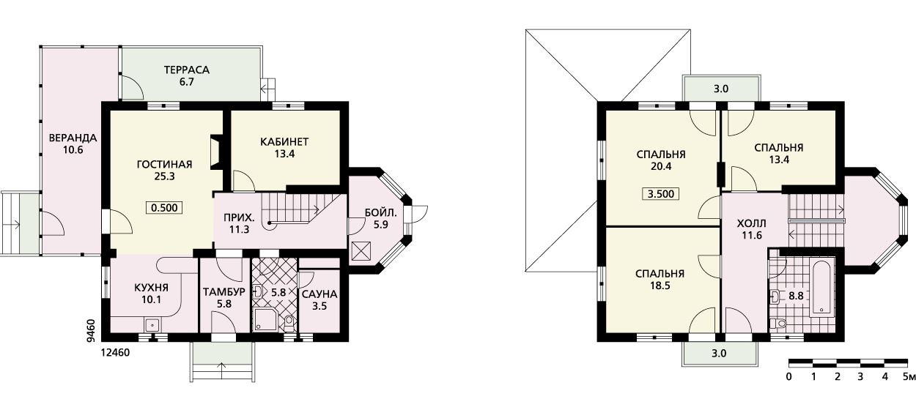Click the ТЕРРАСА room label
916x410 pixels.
click(187, 70)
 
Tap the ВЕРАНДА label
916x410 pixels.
click(73, 138)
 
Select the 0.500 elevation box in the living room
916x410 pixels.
click(164, 208)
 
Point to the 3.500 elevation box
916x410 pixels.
click(661, 193)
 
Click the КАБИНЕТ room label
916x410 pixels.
click(284, 142)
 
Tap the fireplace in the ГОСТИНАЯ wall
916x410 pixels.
click(216, 152)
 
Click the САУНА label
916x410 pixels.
click(320, 294)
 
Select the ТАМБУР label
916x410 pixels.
click(224, 292)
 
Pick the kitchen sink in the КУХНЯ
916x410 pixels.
click(153, 325)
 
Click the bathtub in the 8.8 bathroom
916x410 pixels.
click(822, 289)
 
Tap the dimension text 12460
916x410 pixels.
click(115, 352)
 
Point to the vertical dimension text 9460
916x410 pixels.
click(92, 331)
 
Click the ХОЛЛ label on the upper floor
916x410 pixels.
click(752, 223)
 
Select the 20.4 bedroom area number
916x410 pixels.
click(661, 167)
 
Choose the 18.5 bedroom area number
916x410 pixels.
click(660, 286)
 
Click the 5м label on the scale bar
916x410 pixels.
click(909, 376)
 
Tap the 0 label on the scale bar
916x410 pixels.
click(788, 376)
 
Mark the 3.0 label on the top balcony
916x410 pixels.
click(721, 89)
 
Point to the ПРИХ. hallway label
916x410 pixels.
click(239, 217)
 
